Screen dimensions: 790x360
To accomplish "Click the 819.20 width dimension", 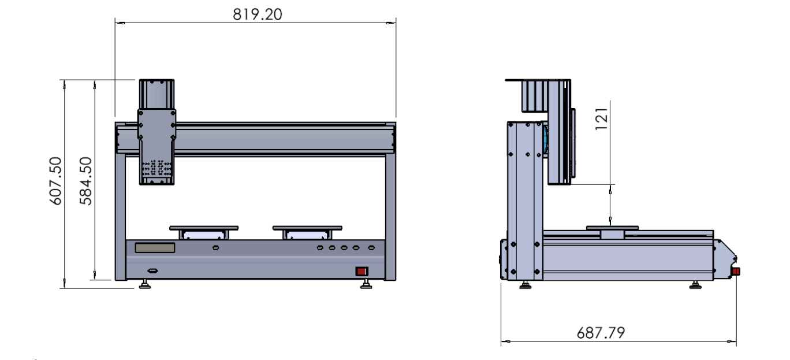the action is point(258,14).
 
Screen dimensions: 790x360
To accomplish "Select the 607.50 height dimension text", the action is point(55,181).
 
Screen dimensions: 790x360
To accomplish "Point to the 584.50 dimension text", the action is point(85,181).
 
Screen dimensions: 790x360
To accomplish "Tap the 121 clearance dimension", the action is point(601,119).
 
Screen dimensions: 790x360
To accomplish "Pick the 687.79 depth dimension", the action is point(601,333).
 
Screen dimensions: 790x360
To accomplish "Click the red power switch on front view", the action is point(362,271).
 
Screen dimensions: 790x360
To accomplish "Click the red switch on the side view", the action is point(736,272).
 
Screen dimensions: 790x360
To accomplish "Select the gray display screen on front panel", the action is point(155,247).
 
